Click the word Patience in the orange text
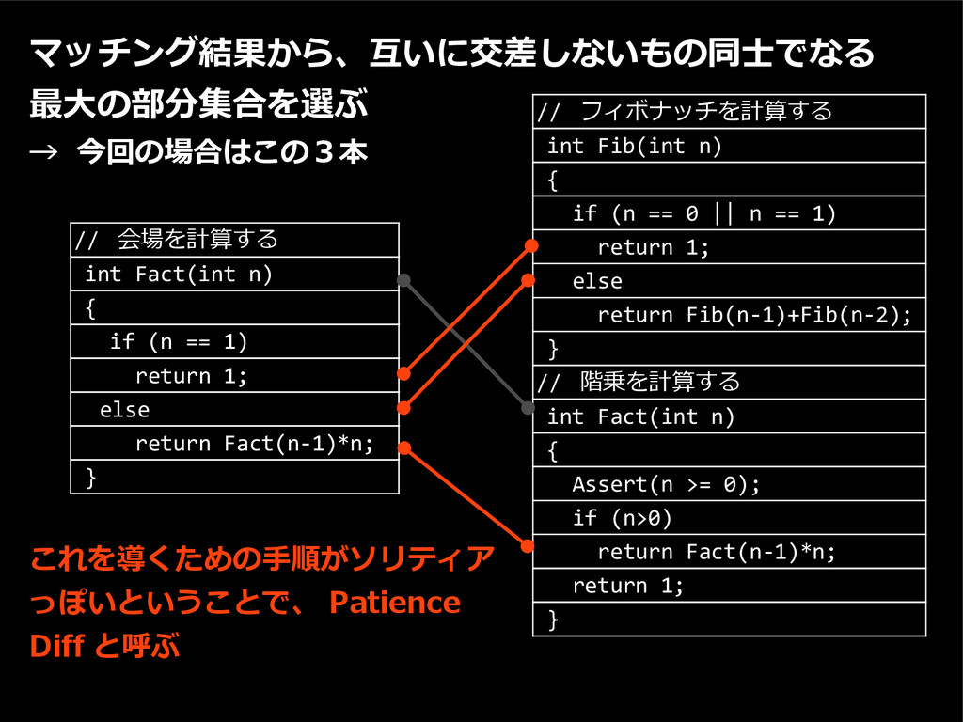point(395,603)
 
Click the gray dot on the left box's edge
point(403,279)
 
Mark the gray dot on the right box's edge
point(529,408)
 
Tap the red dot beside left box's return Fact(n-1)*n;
point(403,447)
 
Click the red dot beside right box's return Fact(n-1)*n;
point(529,546)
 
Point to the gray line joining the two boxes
point(466,343)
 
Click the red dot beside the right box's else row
point(529,279)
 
